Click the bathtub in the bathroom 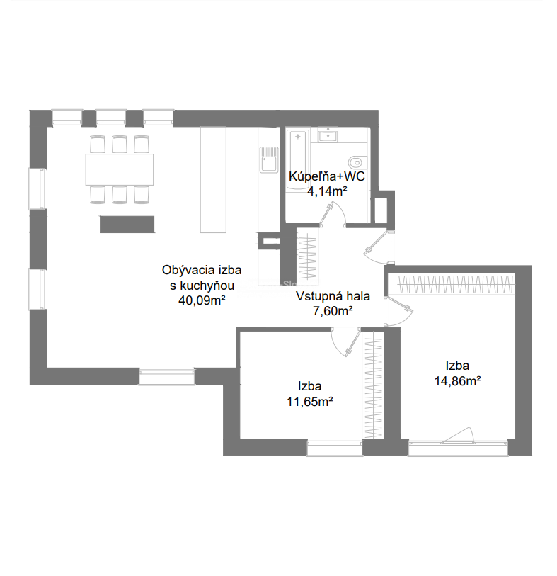(298, 160)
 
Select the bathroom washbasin (328, 135)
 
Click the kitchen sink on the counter (270, 159)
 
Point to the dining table (120, 169)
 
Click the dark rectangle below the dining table (127, 224)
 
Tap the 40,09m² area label (202, 300)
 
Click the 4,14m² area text (327, 191)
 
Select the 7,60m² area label (333, 311)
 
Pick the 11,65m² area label (310, 402)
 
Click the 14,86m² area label (458, 381)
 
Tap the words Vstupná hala (333, 296)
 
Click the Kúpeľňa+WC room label (327, 176)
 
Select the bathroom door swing (333, 213)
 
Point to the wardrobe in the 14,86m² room (456, 284)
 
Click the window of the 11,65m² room (334, 448)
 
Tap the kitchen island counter (213, 180)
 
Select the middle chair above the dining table (120, 144)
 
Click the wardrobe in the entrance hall (306, 255)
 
